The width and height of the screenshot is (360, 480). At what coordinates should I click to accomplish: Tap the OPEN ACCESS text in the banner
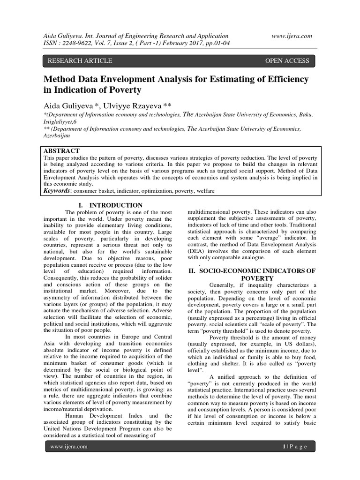point(287,60)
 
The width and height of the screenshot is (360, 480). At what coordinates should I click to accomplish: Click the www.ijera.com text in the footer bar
point(69,447)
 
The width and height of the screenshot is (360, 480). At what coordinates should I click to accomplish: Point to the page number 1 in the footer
point(284,447)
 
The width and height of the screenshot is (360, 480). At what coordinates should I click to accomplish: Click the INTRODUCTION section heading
point(116,205)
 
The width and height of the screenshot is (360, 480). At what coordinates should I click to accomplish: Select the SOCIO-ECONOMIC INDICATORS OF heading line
point(252,271)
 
